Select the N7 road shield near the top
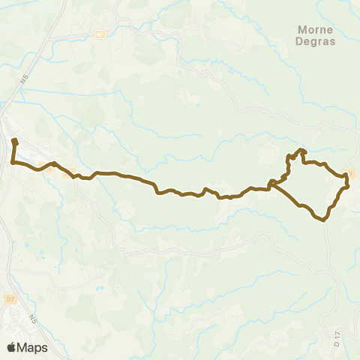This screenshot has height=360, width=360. (100, 34)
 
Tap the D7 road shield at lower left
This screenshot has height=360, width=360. (10, 279)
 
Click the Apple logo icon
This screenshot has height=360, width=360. (12, 347)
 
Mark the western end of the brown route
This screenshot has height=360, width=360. (14, 141)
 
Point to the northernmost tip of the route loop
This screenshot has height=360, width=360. (303, 150)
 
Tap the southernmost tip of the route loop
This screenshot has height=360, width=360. (323, 220)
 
